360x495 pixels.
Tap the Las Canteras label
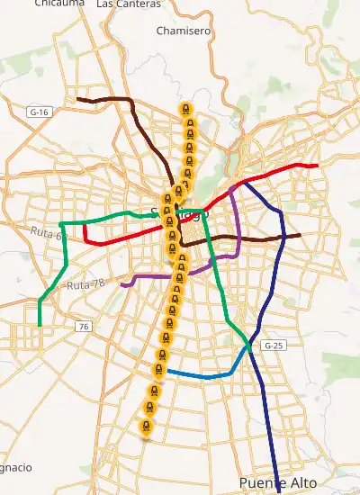[128, 4]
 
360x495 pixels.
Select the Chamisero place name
[183, 31]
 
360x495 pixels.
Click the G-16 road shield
[38, 112]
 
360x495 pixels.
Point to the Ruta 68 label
[49, 235]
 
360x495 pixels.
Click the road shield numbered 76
[84, 326]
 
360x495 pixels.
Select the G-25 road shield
[272, 346]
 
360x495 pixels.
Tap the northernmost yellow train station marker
[185, 110]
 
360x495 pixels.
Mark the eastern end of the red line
[318, 166]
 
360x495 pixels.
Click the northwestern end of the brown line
[77, 98]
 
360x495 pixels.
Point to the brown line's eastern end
[300, 235]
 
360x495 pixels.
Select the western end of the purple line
[121, 285]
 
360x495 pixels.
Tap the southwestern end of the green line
[40, 324]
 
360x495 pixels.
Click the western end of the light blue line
[167, 370]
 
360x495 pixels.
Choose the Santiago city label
[180, 214]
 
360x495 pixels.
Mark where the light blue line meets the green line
[249, 345]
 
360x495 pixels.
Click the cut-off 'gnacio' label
[16, 468]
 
